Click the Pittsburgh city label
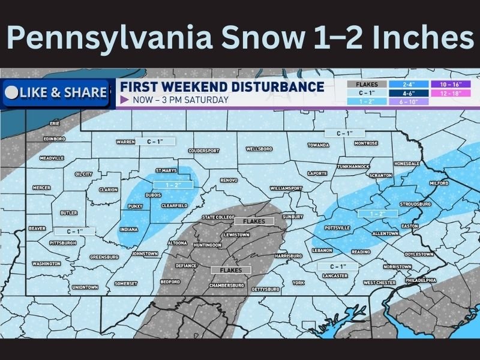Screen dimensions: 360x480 63,243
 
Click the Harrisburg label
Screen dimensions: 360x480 288,256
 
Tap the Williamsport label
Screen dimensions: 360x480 286,188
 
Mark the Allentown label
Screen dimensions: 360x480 385,233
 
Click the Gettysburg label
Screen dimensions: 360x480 265,289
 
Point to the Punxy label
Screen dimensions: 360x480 134,206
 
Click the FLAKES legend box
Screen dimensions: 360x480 367,85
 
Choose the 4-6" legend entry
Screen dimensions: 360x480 409,94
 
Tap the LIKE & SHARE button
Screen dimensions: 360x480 55,93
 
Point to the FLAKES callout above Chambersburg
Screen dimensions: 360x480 230,270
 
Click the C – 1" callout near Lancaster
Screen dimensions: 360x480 335,266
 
